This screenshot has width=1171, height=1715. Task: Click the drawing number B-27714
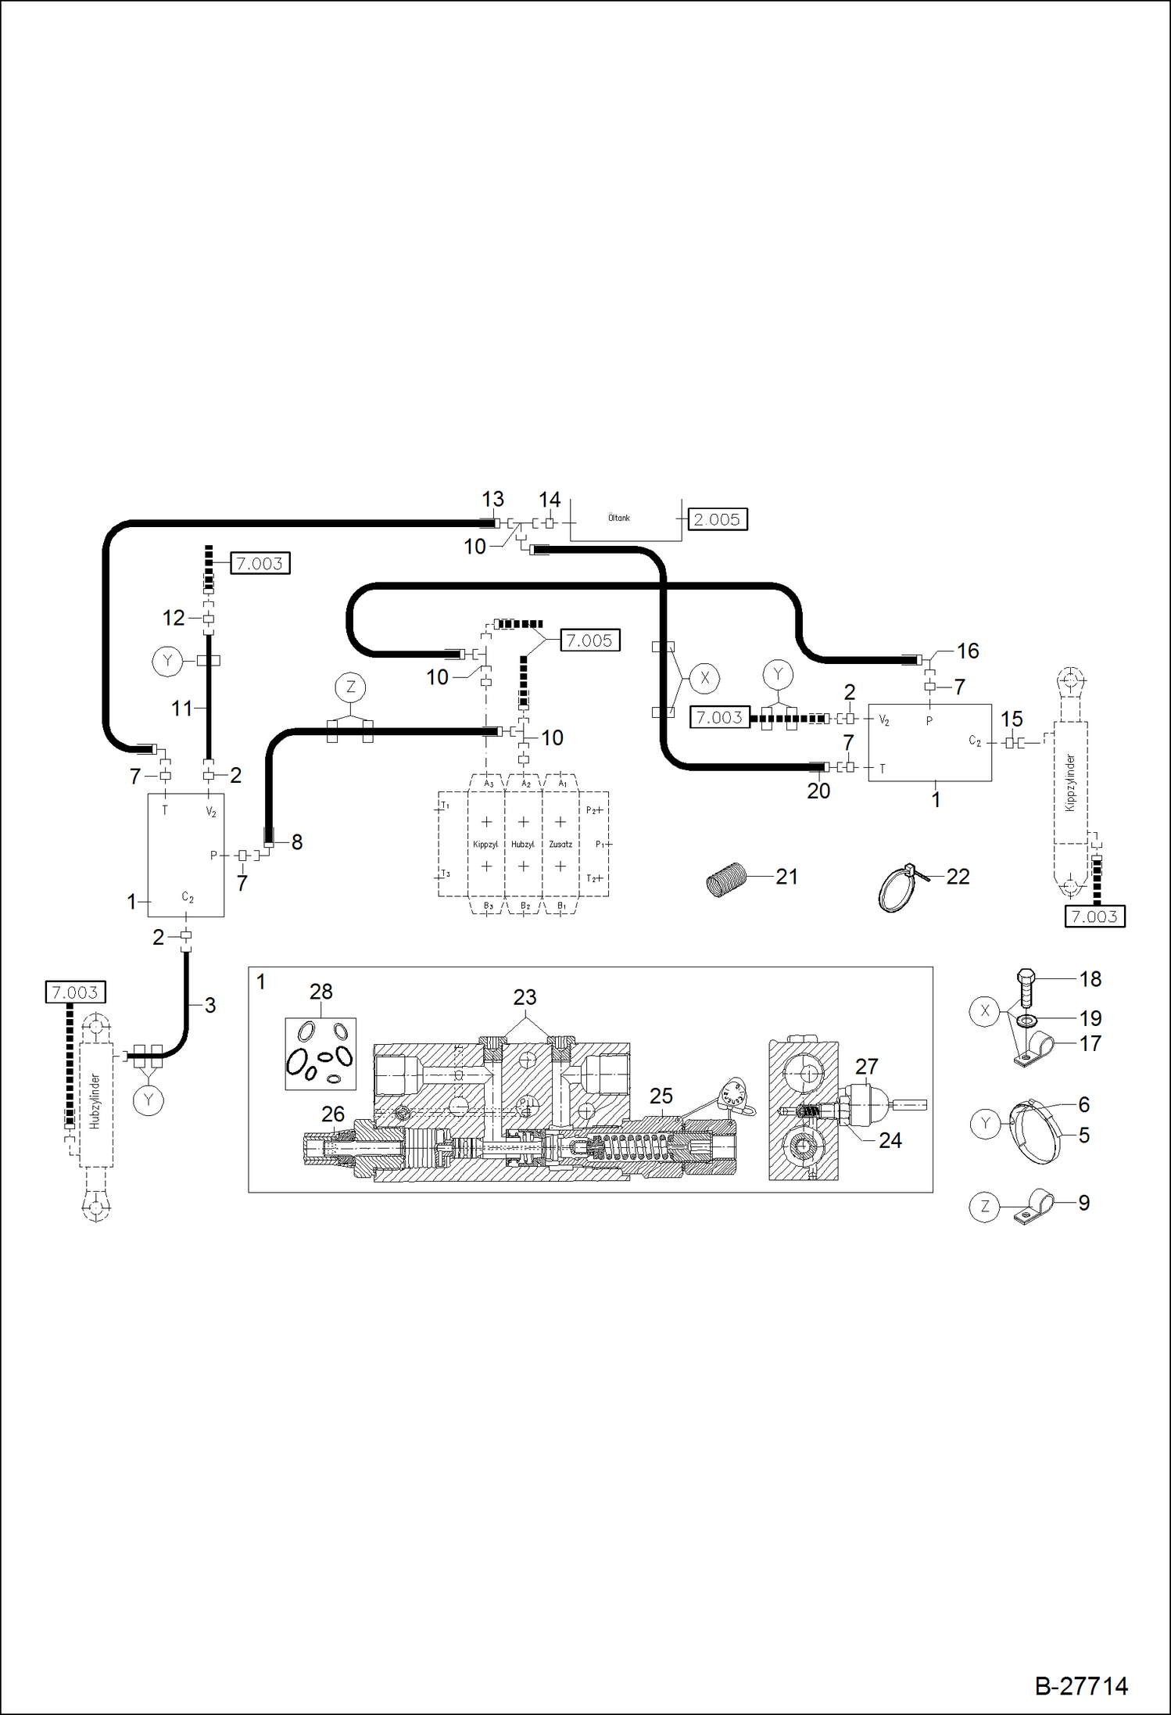pos(1080,1685)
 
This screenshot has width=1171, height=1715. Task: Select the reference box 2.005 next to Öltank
pos(717,519)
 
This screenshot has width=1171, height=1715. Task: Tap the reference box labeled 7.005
pos(589,640)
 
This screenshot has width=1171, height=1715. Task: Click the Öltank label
pos(618,518)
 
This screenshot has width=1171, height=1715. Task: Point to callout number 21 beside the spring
pos(786,877)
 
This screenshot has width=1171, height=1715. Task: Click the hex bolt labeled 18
pos(1026,989)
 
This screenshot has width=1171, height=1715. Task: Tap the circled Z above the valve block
pos(350,687)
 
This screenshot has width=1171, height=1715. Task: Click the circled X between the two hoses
pos(704,678)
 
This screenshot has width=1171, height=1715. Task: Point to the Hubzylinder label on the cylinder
pos(95,1101)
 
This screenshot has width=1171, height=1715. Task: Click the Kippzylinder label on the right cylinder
pos(1070,782)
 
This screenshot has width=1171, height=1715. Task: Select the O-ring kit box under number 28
pos(321,1053)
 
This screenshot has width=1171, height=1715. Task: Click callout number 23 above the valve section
pos(525,997)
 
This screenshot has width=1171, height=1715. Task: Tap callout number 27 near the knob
pos(866,1066)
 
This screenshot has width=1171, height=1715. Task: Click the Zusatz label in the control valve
pos(560,845)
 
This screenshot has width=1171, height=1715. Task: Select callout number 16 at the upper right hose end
pos(968,651)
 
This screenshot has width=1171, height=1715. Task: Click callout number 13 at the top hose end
pos(492,499)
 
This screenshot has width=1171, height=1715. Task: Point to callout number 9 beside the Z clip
pos(1083,1203)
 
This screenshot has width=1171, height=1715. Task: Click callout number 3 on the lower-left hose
pos(209,1005)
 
